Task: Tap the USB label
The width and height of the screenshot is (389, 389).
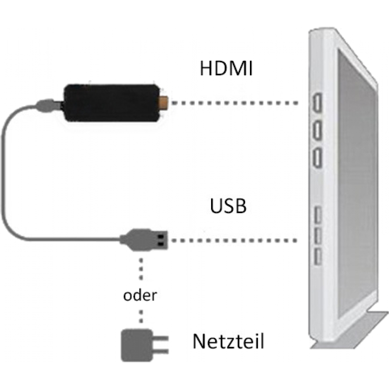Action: tap(229, 206)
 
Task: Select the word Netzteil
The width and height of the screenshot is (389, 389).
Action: tap(229, 341)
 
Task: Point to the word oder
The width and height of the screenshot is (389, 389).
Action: tap(141, 296)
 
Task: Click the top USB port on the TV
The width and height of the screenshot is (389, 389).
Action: tap(317, 214)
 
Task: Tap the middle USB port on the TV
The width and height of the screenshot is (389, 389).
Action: tap(317, 234)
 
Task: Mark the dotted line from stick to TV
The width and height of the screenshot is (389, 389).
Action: tap(233, 103)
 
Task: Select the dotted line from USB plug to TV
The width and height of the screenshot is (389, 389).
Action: tap(233, 239)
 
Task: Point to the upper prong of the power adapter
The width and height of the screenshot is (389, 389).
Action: tap(163, 339)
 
